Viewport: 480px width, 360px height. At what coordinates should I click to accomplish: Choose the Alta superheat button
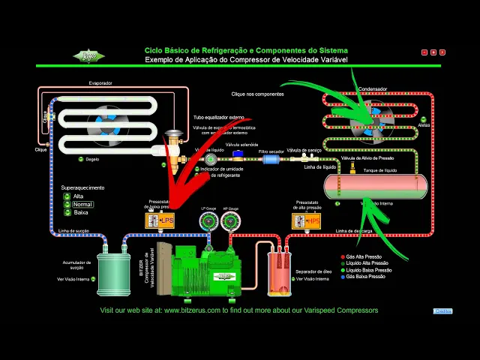(67, 196)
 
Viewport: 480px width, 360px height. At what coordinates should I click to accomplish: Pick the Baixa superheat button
(67, 212)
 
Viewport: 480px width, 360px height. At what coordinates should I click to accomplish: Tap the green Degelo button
(80, 159)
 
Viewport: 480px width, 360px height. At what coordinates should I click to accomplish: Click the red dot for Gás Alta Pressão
(343, 256)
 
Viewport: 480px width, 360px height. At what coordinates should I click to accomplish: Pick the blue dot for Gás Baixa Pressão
(343, 277)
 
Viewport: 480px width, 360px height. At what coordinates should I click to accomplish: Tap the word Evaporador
(100, 82)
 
